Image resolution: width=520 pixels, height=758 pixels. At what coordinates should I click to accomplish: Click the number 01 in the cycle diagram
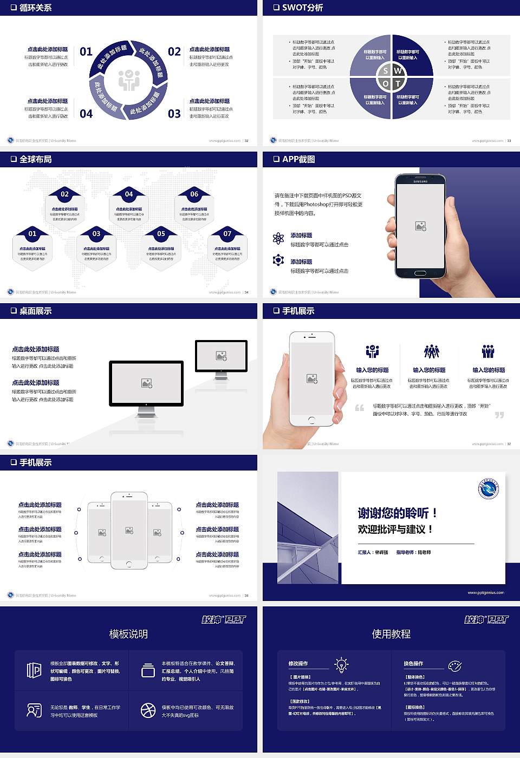(x=86, y=51)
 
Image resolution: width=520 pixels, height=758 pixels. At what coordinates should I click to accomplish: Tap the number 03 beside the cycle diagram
(x=174, y=114)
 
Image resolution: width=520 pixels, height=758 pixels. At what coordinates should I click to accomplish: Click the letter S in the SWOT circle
(x=386, y=70)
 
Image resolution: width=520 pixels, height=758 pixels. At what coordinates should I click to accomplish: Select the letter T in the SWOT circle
(x=398, y=83)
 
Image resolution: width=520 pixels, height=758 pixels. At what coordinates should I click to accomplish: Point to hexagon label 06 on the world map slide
(x=194, y=194)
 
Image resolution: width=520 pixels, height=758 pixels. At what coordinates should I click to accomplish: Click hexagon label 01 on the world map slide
(x=32, y=233)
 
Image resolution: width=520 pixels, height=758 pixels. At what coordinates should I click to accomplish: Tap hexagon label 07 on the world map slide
(x=227, y=233)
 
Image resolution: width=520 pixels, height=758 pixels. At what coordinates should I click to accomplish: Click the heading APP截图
(x=298, y=159)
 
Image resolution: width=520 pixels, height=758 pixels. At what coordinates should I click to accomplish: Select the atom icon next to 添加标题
(x=278, y=238)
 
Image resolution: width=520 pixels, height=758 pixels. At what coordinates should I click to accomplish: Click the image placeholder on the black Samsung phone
(x=420, y=226)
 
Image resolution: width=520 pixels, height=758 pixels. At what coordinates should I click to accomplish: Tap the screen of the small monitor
(x=221, y=356)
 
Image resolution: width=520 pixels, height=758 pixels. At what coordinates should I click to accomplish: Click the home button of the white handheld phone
(x=311, y=420)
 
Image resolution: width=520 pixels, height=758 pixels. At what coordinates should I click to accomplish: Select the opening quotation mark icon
(x=360, y=408)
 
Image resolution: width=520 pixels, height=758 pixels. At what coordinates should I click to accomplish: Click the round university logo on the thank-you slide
(x=488, y=489)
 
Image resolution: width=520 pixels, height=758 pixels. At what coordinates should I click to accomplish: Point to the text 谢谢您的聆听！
(x=397, y=513)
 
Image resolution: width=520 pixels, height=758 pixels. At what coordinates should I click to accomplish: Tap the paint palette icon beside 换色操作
(x=455, y=665)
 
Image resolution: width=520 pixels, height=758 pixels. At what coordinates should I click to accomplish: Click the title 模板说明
(x=128, y=634)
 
